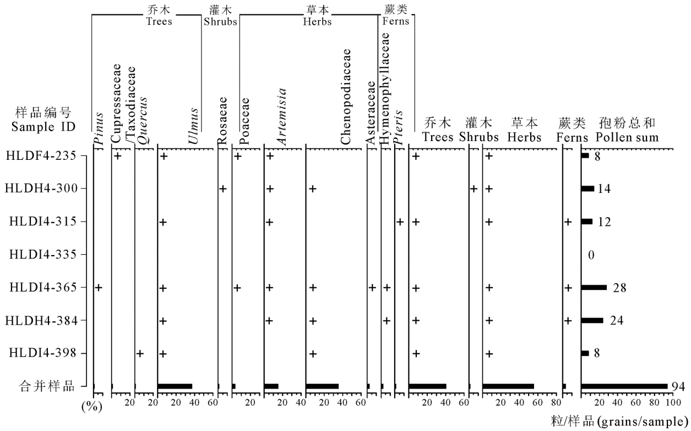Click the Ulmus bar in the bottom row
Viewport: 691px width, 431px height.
click(x=175, y=386)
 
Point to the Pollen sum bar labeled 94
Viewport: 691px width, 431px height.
click(x=624, y=386)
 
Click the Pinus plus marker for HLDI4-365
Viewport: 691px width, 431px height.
click(x=99, y=287)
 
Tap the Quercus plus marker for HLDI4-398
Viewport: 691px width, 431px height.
click(x=140, y=353)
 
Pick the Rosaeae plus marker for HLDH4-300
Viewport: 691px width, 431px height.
click(x=222, y=189)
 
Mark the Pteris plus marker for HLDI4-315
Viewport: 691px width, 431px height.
click(x=400, y=222)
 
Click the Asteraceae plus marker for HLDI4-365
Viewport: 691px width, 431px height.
click(x=372, y=287)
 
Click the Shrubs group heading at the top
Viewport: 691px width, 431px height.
click(x=220, y=16)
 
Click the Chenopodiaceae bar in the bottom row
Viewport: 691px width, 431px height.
click(x=322, y=386)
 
